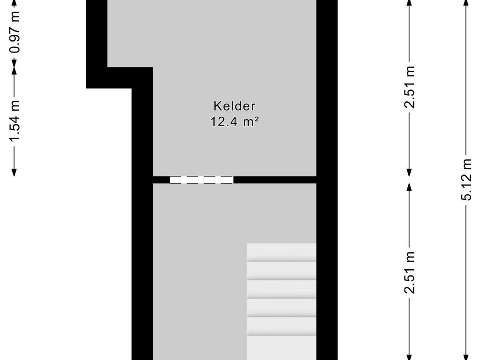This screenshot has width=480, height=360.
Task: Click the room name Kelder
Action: (x=234, y=106)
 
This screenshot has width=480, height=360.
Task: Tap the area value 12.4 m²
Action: (x=235, y=122)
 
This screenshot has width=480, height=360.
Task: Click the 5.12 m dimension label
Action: (x=466, y=179)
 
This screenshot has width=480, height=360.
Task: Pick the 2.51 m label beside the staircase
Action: (x=410, y=272)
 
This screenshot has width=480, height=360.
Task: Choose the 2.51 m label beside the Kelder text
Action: (x=410, y=87)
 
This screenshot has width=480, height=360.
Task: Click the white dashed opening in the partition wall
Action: (x=201, y=180)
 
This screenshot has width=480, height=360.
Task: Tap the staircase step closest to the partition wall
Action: (x=281, y=252)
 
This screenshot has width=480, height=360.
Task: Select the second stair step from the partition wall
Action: (x=281, y=270)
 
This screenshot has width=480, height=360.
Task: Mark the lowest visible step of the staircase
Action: (x=281, y=348)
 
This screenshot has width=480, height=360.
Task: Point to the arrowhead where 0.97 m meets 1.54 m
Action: (x=15, y=68)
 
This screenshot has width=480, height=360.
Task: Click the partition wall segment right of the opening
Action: (x=275, y=180)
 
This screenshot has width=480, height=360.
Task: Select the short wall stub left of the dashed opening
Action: (x=161, y=180)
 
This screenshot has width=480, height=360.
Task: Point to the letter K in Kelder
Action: (x=217, y=106)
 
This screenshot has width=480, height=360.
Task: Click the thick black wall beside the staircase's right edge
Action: (x=327, y=300)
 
